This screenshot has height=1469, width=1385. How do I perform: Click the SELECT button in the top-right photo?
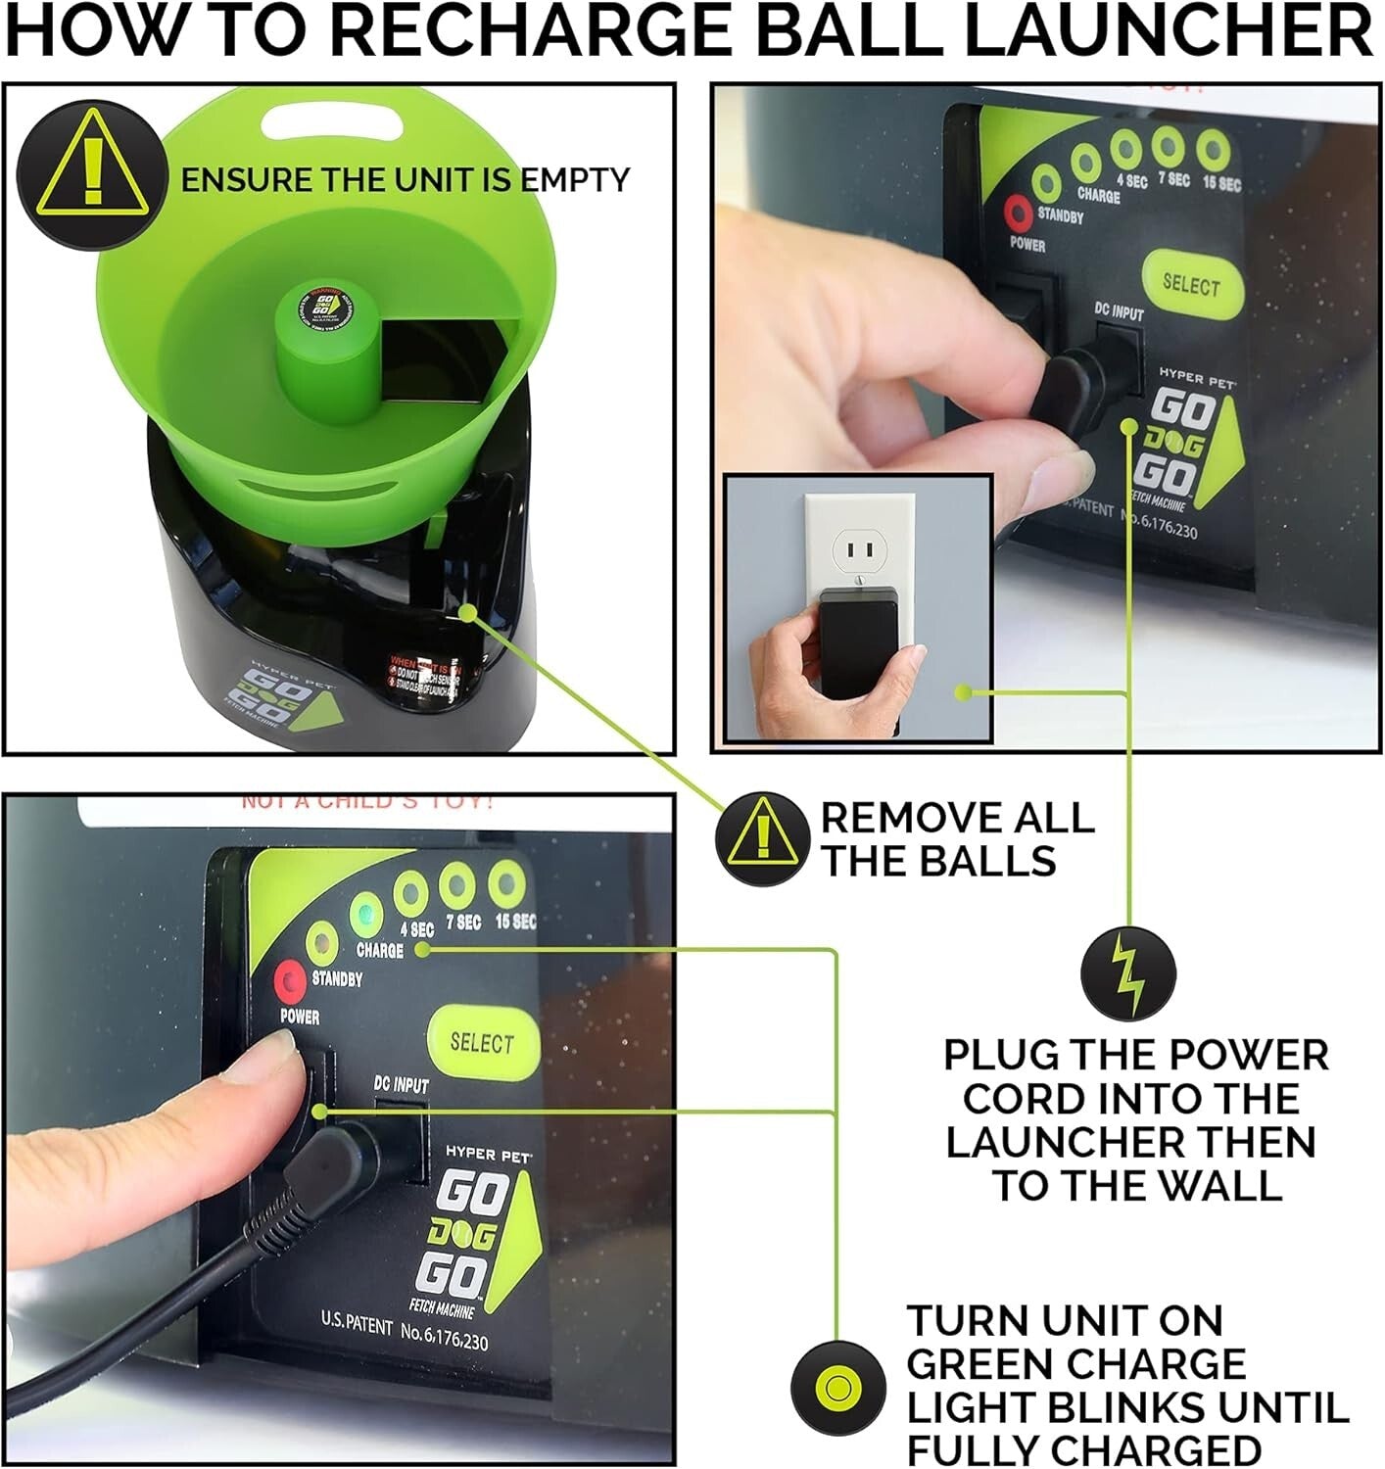(x=1191, y=284)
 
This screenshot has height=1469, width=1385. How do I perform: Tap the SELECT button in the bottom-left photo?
(x=482, y=1042)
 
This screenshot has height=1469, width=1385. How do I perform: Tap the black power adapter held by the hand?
(x=858, y=641)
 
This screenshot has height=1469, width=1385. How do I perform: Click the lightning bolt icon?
(x=1127, y=973)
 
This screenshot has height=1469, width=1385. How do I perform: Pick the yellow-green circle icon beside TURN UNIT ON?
(x=837, y=1388)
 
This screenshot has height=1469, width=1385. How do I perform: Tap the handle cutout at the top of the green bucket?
(x=333, y=122)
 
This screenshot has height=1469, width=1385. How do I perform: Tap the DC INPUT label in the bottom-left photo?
(x=401, y=1084)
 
